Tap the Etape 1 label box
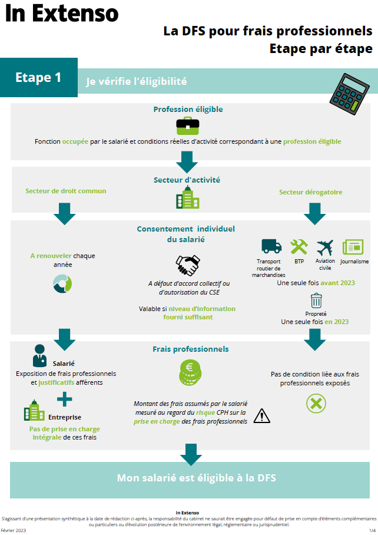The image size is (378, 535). pyautogui.click(x=38, y=77)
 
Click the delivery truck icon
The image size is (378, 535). pyautogui.click(x=271, y=246)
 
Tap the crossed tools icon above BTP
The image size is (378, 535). pyautogui.click(x=299, y=246)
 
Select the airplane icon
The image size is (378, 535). pyautogui.click(x=325, y=246)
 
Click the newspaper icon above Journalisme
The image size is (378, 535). pyautogui.click(x=353, y=247)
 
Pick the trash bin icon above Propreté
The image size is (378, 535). pyautogui.click(x=316, y=300)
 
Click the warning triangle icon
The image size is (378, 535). pyautogui.click(x=261, y=416)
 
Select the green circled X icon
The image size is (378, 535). pyautogui.click(x=316, y=404)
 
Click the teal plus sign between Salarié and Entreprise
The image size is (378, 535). pyautogui.click(x=64, y=400)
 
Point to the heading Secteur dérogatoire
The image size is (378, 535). pyautogui.click(x=310, y=192)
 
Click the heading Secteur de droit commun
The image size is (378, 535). pyautogui.click(x=65, y=191)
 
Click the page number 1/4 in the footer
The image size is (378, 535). pyautogui.click(x=372, y=530)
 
